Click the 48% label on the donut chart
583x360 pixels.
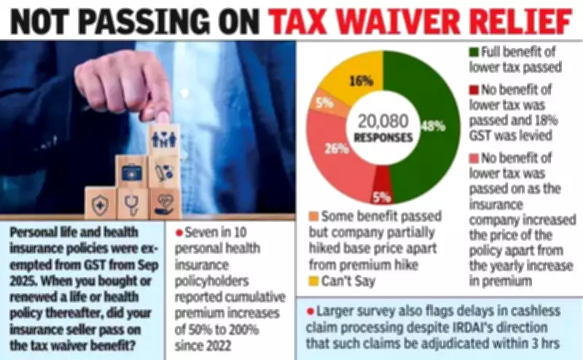[434, 125]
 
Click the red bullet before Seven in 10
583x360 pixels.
[179, 232]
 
